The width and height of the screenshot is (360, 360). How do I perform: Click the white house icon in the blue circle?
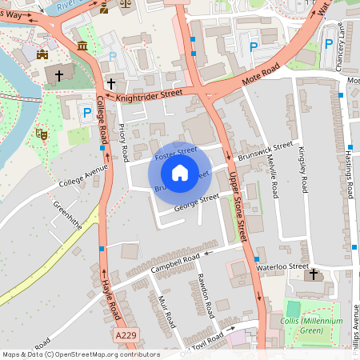180,172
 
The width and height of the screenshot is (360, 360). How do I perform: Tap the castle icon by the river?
42,54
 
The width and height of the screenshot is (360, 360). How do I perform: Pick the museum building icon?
83,46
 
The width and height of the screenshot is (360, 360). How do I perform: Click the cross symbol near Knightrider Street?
112,83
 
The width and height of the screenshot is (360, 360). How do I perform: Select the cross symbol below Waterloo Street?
313,275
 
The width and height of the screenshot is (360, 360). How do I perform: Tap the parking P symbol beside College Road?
87,114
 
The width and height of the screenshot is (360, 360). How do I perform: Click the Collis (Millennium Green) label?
317,326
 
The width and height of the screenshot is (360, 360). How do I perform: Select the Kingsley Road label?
302,169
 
